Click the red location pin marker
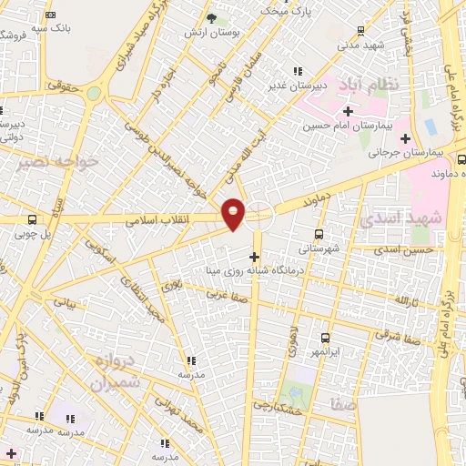click(x=234, y=212)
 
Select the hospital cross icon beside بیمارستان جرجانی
click(x=405, y=138)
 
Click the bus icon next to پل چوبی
click(x=33, y=219)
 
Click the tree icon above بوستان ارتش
click(x=211, y=17)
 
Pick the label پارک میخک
click(x=286, y=10)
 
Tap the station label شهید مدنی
click(x=361, y=44)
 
